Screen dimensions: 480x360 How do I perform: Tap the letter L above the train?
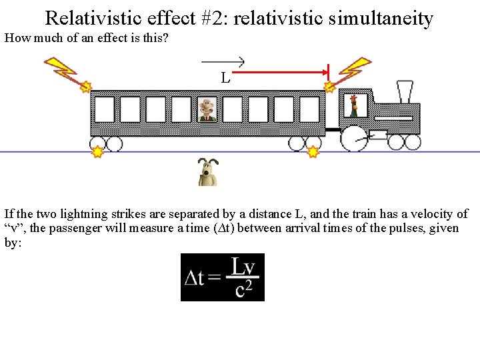226,78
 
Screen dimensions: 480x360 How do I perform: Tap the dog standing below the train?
208,173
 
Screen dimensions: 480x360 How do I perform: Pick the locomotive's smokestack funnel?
405,91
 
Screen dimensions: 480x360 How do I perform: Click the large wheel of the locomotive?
355,138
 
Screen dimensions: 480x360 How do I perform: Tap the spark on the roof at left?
85,86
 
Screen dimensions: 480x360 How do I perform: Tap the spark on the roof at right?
329,86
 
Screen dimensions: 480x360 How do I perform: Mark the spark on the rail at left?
97,152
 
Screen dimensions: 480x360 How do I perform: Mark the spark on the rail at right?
313,152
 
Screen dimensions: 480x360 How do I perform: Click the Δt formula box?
223,277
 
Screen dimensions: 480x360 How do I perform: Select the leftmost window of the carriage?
105,109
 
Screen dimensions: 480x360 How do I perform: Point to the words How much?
30,37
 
